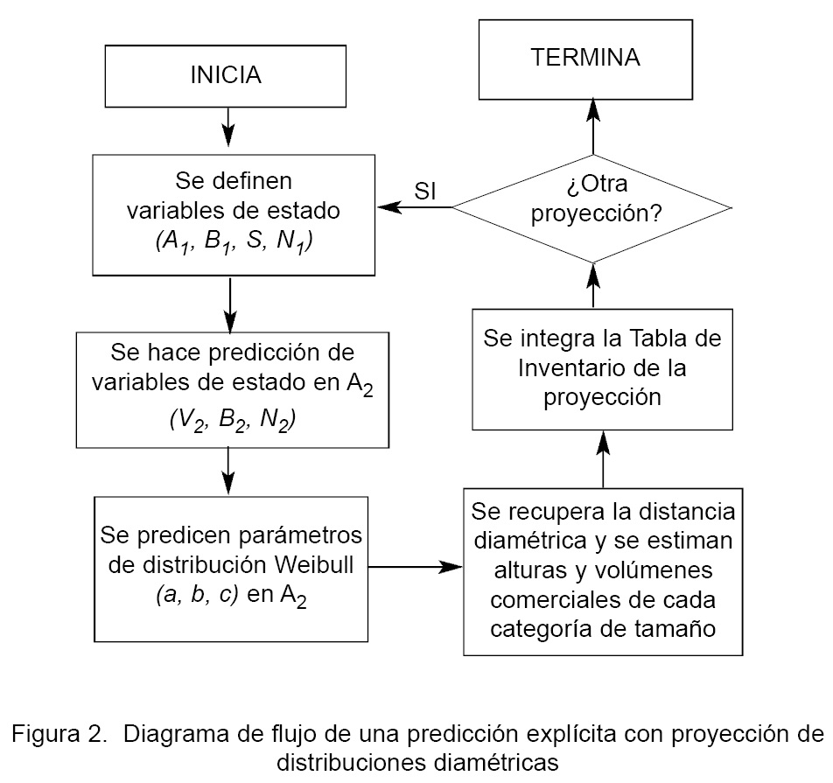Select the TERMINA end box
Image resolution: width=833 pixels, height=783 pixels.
pyautogui.click(x=585, y=59)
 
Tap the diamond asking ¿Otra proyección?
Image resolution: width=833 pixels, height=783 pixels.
pyautogui.click(x=591, y=207)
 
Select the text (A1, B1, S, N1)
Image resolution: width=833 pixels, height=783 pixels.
pyautogui.click(x=233, y=242)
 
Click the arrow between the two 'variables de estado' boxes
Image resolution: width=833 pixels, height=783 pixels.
pyautogui.click(x=229, y=302)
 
